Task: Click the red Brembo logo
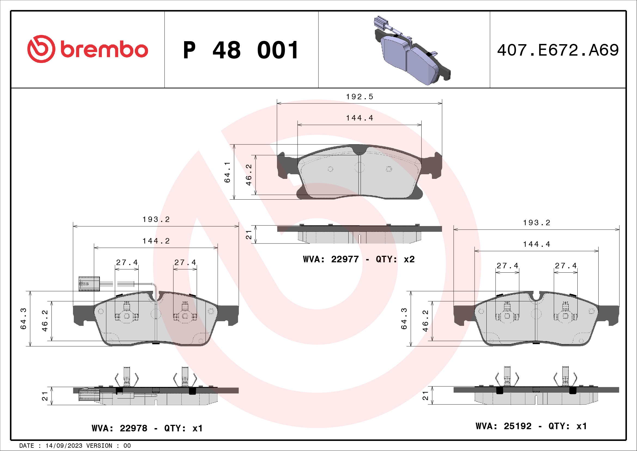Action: coord(88,49)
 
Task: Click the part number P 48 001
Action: coord(241,50)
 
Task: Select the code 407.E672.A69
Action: coord(558,50)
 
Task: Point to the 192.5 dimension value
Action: coord(359,97)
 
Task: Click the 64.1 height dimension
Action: coord(227,172)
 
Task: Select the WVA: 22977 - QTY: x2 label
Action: coord(359,259)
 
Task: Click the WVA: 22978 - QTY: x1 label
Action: coord(147,428)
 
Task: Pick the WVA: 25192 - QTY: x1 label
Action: coord(531,426)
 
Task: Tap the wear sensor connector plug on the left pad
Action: coord(89,284)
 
